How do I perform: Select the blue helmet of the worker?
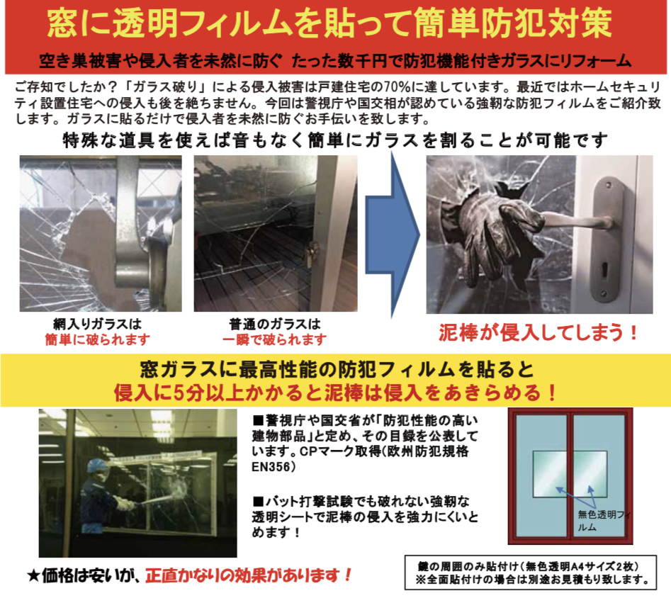[96, 466]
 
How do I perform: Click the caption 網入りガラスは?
[97, 324]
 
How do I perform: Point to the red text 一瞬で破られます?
[274, 340]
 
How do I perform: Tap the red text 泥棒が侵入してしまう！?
[539, 332]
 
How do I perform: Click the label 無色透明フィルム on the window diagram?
[604, 521]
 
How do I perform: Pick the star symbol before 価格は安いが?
[33, 576]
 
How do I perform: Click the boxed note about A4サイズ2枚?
[530, 572]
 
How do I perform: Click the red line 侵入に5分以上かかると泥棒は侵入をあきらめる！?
[336, 393]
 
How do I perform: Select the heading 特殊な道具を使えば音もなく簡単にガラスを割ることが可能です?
[335, 140]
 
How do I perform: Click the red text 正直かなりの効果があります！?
[248, 576]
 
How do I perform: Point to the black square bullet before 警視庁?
[258, 420]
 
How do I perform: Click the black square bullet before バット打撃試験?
[258, 501]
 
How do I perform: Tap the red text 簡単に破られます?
[98, 340]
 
